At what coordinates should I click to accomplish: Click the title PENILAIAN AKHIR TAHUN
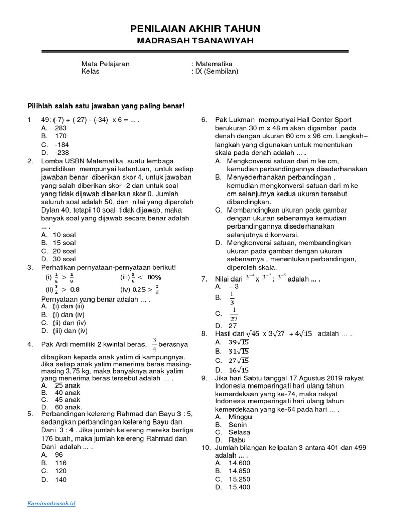coord(195,29)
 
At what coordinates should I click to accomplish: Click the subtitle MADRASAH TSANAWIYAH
coord(195,41)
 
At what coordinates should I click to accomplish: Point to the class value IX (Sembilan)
coord(216,72)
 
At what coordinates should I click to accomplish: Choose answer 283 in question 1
coord(60,128)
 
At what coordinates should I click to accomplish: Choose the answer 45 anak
coord(67,399)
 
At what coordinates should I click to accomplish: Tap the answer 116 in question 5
coord(60,463)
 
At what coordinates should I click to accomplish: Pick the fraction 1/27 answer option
coord(234,313)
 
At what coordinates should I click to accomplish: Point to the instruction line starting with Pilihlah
coord(105,106)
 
